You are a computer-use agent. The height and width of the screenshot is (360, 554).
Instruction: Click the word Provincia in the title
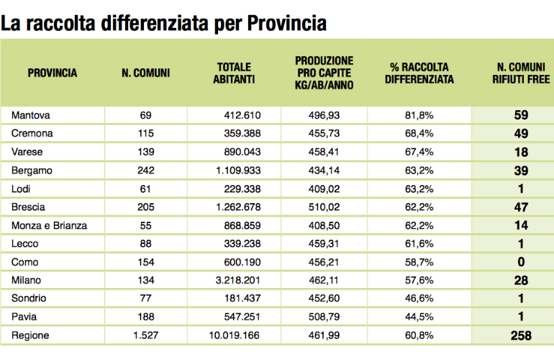(286, 24)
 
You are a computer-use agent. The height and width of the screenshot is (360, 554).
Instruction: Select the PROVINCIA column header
(53, 73)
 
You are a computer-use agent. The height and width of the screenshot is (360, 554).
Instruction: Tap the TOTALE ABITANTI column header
(234, 73)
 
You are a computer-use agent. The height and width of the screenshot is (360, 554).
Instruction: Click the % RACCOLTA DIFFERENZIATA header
(419, 73)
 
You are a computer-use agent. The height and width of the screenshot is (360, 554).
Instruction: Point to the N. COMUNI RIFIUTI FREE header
(521, 73)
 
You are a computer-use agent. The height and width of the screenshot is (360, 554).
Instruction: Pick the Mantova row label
(30, 115)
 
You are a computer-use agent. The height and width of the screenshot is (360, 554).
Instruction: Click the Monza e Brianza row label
(49, 225)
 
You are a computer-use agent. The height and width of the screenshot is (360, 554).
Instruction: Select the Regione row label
(30, 336)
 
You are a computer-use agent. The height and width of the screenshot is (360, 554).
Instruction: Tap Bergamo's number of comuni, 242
(146, 171)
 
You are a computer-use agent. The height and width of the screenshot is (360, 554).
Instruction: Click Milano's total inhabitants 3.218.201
(237, 280)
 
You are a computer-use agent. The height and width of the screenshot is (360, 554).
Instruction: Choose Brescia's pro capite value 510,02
(324, 207)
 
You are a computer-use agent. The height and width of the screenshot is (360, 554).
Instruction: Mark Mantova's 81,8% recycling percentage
(419, 115)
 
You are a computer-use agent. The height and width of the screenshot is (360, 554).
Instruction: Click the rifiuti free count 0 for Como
(521, 262)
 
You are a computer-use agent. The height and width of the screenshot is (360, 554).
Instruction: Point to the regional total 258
(521, 336)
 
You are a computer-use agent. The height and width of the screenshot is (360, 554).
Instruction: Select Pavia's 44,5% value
(419, 317)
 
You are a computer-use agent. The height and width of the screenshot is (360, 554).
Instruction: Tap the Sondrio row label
(29, 298)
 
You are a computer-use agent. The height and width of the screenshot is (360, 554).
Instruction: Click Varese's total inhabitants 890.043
(242, 152)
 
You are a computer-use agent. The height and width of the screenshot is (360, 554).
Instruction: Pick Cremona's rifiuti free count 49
(521, 134)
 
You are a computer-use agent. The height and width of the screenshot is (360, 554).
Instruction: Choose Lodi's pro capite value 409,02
(324, 189)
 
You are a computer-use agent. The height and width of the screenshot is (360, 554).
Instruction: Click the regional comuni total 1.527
(145, 336)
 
